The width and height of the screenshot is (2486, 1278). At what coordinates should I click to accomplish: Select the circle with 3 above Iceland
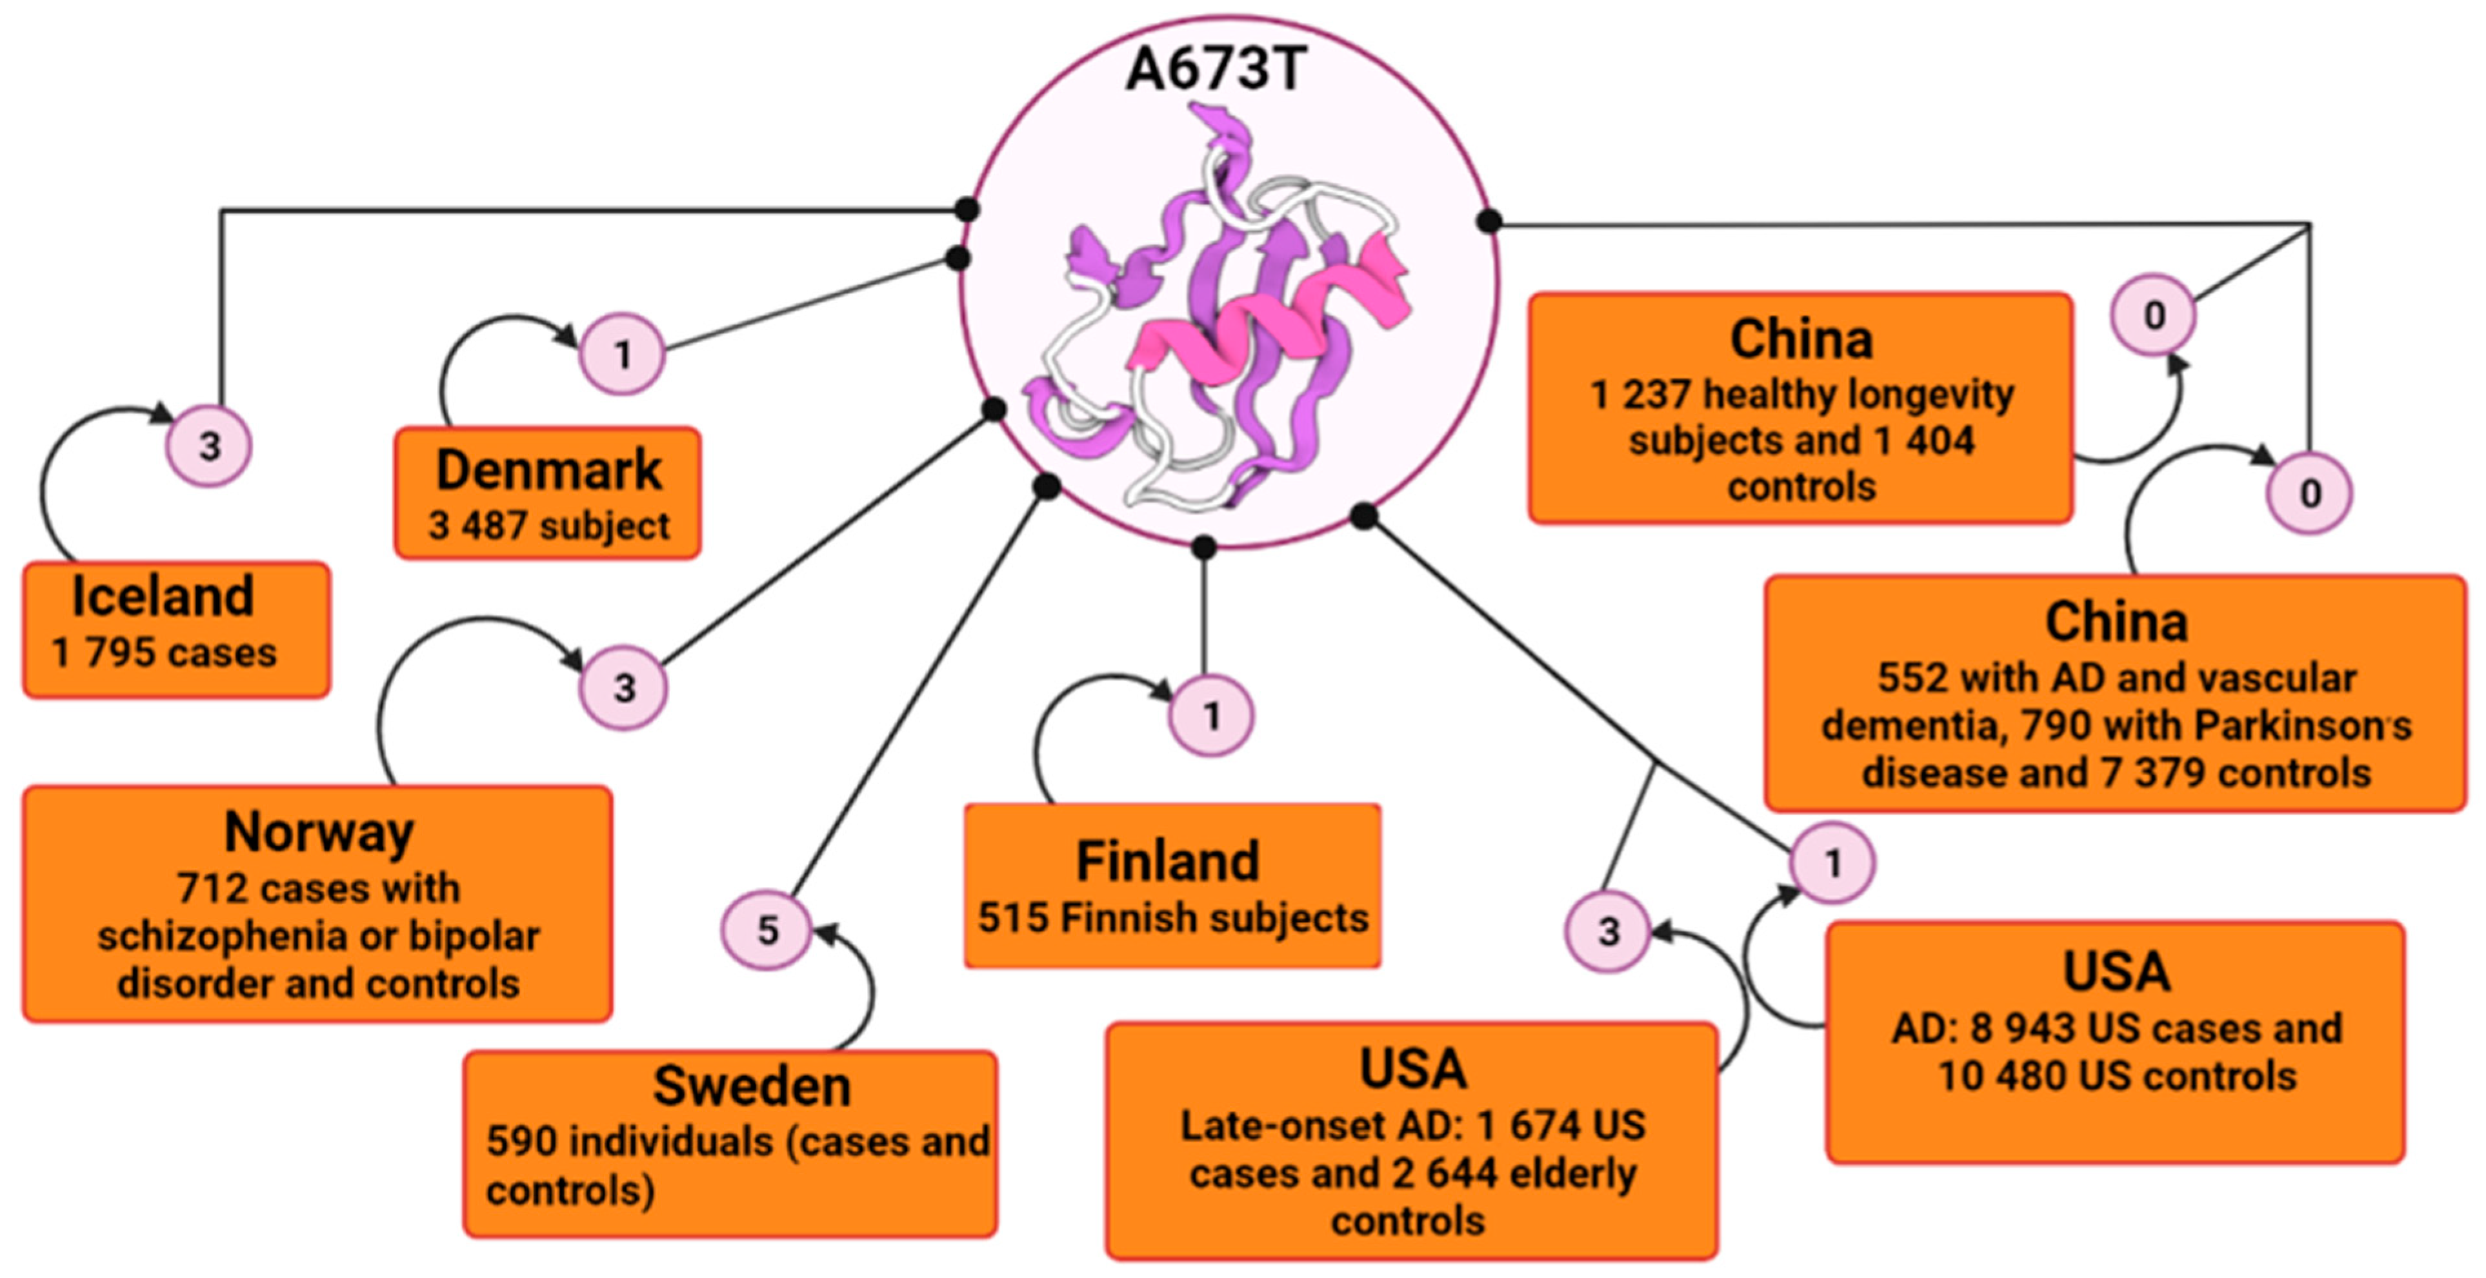pos(210,446)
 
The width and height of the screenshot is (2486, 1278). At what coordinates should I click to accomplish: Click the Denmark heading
pos(548,470)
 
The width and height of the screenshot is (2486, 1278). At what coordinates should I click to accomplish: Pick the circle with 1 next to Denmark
pos(623,354)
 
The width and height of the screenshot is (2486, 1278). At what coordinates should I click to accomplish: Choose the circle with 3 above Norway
pos(623,687)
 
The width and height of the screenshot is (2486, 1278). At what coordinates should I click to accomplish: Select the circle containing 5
pos(767,930)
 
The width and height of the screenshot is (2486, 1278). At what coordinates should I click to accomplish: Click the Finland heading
pos(1168,861)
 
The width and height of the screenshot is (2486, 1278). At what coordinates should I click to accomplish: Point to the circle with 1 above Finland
pos(1211,715)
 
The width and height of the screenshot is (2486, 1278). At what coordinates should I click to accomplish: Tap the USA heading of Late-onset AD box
pos(1412,1068)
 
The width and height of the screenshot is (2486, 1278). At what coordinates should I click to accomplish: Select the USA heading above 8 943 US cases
pos(2116,971)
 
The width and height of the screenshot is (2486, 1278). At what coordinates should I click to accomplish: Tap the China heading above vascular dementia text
pos(2116,622)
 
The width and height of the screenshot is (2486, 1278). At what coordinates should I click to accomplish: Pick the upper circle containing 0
pos(2153,315)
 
